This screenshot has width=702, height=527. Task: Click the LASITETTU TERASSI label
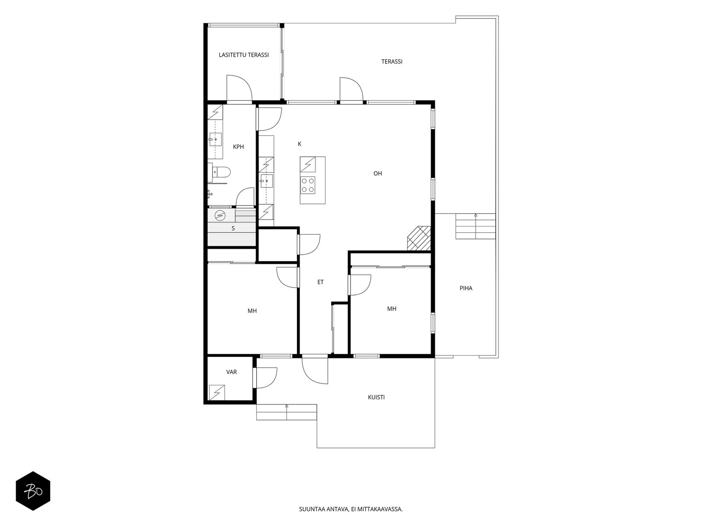pos(244,55)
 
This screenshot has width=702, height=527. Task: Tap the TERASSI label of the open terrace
pos(392,62)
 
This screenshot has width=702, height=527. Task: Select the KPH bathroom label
pos(238,147)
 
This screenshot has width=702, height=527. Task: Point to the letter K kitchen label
pos(300,144)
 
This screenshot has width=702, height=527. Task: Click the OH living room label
pos(378,173)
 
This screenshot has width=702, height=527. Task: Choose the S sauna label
pos(233,228)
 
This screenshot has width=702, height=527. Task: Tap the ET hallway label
pos(320,282)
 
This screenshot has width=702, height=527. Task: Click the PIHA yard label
pos(466,288)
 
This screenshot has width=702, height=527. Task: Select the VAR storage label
pos(232,372)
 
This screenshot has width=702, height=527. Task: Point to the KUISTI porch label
pos(376,397)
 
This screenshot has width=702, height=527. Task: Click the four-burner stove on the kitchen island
pos(308,185)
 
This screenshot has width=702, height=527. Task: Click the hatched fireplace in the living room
pos(419,238)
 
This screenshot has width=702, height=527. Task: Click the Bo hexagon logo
pos(33,491)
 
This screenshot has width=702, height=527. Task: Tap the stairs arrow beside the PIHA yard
pos(476,227)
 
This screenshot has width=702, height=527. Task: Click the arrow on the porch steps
pos(287,412)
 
